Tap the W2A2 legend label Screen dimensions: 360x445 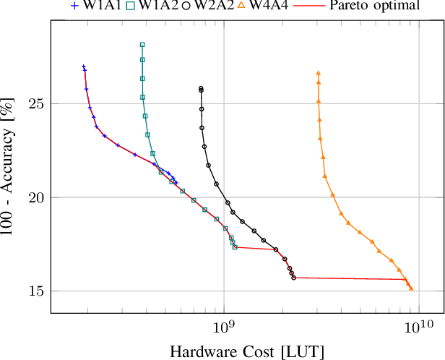215,7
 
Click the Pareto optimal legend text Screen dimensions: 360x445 374,7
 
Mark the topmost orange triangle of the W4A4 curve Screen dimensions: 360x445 318,73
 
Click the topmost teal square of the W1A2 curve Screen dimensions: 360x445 142,45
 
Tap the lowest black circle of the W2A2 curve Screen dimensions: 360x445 293,278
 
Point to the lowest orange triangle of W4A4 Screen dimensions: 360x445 411,288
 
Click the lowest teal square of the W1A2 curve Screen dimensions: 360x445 235,247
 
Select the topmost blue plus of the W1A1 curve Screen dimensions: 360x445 84,67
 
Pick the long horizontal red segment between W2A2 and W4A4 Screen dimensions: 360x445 347,278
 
